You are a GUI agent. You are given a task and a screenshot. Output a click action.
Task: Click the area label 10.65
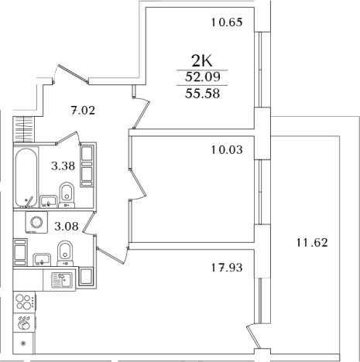point(227,22)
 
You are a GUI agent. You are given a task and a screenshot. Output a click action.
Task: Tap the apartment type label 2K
point(201,61)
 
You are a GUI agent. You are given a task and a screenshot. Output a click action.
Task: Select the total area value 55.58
point(202,94)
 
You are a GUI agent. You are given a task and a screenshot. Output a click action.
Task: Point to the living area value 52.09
point(202,77)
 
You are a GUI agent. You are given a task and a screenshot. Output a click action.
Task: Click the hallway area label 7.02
point(83,111)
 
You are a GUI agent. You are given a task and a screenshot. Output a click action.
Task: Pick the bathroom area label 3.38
point(63,166)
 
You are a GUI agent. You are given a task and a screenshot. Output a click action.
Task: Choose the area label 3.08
point(67,227)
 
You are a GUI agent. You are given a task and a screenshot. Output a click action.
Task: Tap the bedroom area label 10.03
point(227,150)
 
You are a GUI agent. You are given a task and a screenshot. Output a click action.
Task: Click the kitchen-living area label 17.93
point(227,268)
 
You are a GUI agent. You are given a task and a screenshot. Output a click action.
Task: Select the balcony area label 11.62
point(312,243)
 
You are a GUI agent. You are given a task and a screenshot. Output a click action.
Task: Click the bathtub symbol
point(26,178)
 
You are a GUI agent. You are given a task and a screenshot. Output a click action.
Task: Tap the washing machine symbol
point(36,222)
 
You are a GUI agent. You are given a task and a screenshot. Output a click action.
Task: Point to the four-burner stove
point(25,302)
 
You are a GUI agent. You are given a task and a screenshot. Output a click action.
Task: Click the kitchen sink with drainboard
point(62,280)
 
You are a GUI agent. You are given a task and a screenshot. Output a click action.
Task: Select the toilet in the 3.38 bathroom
point(67,195)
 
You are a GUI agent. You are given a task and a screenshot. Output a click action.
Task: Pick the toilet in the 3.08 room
point(65,253)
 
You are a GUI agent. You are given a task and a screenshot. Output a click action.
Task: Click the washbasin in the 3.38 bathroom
point(49,201)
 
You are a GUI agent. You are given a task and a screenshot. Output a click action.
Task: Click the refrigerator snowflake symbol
point(23,343)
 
